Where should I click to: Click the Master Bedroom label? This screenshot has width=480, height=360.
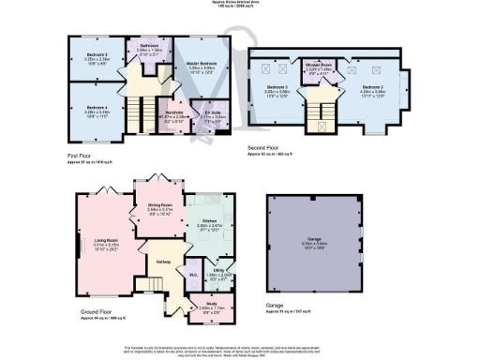[x=202, y=66]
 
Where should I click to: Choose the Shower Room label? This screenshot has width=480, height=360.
[x=319, y=66]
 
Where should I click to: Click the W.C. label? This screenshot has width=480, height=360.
[x=192, y=275]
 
